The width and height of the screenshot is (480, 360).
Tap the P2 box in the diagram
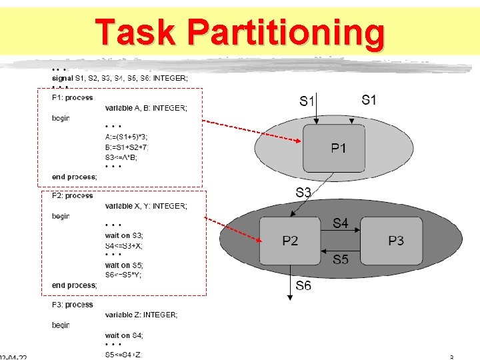coord(290,240)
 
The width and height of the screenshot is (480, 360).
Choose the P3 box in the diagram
coord(395,240)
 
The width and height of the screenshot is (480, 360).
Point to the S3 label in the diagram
coord(304,193)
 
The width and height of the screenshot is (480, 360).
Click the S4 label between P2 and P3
coord(341,223)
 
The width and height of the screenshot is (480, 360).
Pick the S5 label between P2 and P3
coord(341,259)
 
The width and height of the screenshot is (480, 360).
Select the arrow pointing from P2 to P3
coord(341,231)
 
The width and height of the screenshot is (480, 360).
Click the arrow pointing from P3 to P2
coord(341,251)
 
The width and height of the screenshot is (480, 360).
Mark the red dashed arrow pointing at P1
coord(253,132)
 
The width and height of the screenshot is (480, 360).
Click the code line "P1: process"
coord(73,98)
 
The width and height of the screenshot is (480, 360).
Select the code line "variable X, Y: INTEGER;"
coord(146,206)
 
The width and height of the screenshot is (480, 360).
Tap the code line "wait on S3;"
coord(124,235)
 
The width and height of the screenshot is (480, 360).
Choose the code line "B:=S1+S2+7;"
coord(127,147)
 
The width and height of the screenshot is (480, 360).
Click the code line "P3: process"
coord(73,305)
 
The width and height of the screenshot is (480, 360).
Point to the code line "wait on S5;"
coord(124,265)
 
